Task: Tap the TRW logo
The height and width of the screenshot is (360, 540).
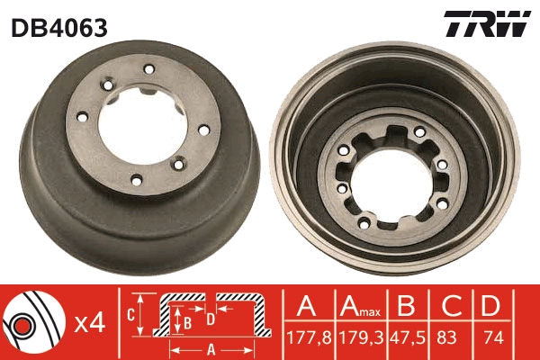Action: click(x=486, y=25)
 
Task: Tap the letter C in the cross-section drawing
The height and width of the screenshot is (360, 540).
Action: click(x=130, y=315)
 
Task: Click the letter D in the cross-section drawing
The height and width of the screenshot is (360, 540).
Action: click(x=210, y=317)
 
